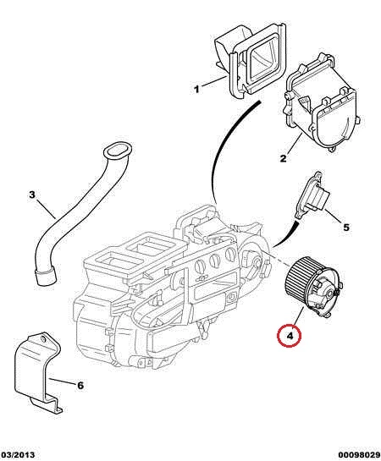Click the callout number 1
(196, 89)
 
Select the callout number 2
(283, 158)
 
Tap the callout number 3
(32, 195)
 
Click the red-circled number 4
(290, 336)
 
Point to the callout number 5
(346, 227)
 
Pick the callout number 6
(80, 385)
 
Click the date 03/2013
(18, 455)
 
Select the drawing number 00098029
(359, 455)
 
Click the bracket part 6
(36, 373)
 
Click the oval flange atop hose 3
(117, 151)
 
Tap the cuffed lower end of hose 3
(46, 276)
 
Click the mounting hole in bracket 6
(43, 339)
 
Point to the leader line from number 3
(46, 208)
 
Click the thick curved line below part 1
(227, 147)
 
